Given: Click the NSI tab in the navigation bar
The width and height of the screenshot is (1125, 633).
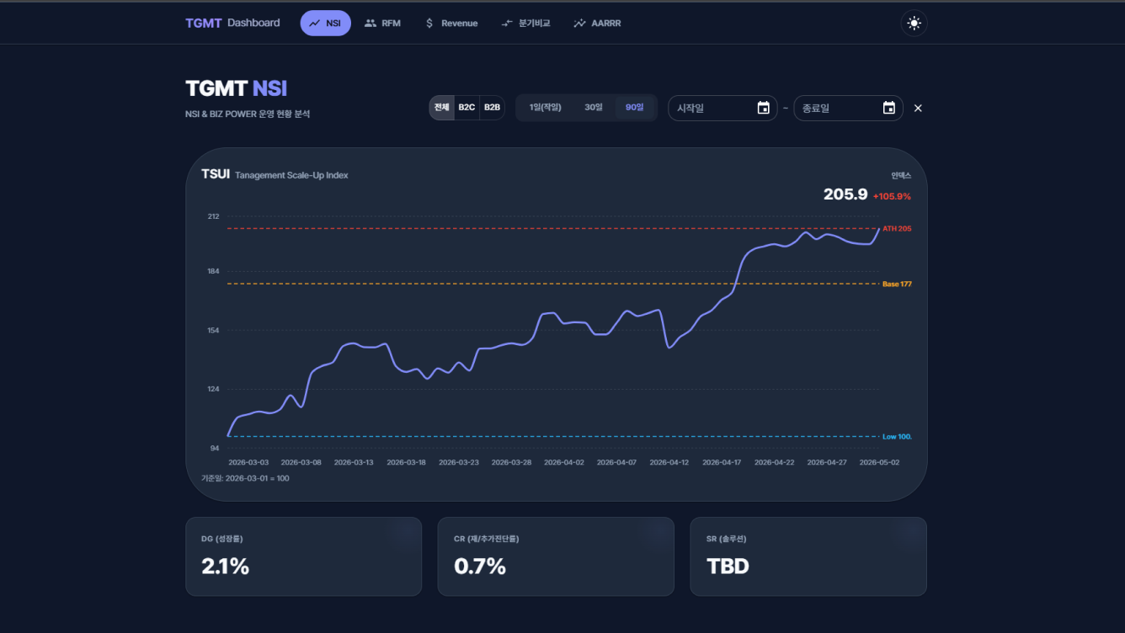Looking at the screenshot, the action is pyautogui.click(x=325, y=23).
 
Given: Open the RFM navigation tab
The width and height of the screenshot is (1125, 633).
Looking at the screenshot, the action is pyautogui.click(x=382, y=23).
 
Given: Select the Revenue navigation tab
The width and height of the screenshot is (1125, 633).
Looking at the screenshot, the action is pyautogui.click(x=451, y=23).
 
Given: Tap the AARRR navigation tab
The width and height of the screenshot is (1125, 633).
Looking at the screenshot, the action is pyautogui.click(x=597, y=23).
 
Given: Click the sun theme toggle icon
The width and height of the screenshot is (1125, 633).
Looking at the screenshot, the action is pyautogui.click(x=914, y=23).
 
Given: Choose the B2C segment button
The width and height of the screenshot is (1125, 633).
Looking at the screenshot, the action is pyautogui.click(x=467, y=108).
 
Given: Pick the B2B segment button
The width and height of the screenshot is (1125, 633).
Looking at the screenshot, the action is pyautogui.click(x=492, y=108).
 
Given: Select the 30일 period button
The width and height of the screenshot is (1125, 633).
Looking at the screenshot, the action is pyautogui.click(x=593, y=108).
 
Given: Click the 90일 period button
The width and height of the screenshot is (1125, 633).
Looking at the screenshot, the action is pyautogui.click(x=634, y=108).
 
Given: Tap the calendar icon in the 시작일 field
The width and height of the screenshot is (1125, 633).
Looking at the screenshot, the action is pyautogui.click(x=764, y=108).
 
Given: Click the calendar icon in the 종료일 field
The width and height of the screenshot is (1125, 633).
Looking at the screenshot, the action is pyautogui.click(x=889, y=108).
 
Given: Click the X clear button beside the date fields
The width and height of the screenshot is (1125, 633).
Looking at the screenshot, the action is pyautogui.click(x=918, y=108).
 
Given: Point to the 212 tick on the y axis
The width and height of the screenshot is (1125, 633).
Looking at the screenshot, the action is pyautogui.click(x=213, y=216).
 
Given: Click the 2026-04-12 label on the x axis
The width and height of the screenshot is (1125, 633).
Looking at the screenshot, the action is pyautogui.click(x=669, y=462).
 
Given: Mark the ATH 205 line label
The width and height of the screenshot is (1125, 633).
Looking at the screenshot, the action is pyautogui.click(x=897, y=228).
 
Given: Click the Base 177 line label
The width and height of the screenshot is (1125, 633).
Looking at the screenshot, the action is pyautogui.click(x=897, y=285).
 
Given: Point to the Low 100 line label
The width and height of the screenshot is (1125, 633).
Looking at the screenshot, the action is pyautogui.click(x=897, y=437).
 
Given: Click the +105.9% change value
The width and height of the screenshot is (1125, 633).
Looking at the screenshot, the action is pyautogui.click(x=892, y=196).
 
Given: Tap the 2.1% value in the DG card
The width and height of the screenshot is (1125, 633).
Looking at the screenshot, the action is pyautogui.click(x=225, y=567).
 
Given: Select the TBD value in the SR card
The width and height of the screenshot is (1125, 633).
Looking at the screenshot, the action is pyautogui.click(x=728, y=567).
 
